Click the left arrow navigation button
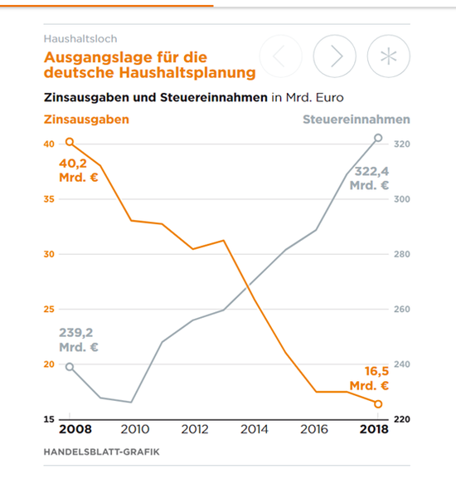click(x=281, y=56)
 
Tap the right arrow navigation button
click(x=334, y=56)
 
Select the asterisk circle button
click(x=388, y=56)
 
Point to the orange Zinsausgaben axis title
click(x=86, y=120)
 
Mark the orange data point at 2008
click(x=70, y=143)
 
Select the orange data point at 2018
click(x=378, y=403)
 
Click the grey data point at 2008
click(x=70, y=367)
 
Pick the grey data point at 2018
click(x=378, y=138)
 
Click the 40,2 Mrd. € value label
click(x=79, y=170)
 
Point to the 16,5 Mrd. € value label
click(x=371, y=379)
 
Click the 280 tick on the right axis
click(x=401, y=255)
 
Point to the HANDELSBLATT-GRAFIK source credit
click(x=101, y=452)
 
